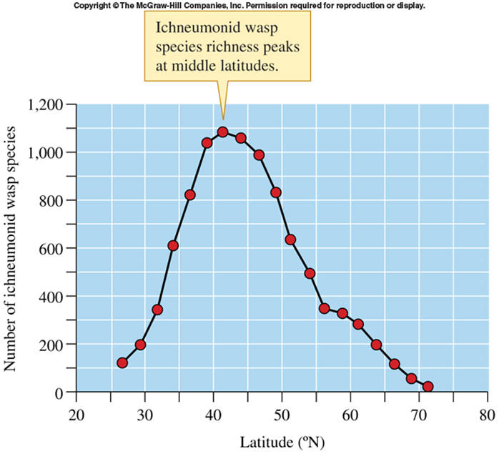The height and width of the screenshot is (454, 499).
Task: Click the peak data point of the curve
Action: (x=223, y=132)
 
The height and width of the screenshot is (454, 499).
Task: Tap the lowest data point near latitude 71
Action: (x=428, y=387)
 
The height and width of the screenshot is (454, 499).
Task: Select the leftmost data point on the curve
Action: (x=122, y=362)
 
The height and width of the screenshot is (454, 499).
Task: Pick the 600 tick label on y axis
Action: (x=54, y=249)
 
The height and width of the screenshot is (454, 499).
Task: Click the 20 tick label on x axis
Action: (x=76, y=415)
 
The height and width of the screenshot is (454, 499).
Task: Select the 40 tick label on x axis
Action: (x=213, y=415)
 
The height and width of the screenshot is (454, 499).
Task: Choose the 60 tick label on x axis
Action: (x=350, y=415)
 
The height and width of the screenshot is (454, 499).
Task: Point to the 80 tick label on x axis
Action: (x=487, y=415)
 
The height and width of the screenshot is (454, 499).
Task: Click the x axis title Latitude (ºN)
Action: (x=282, y=440)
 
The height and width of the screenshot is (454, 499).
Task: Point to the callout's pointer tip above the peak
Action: (x=223, y=119)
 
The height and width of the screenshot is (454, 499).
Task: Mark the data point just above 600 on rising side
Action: (x=173, y=246)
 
